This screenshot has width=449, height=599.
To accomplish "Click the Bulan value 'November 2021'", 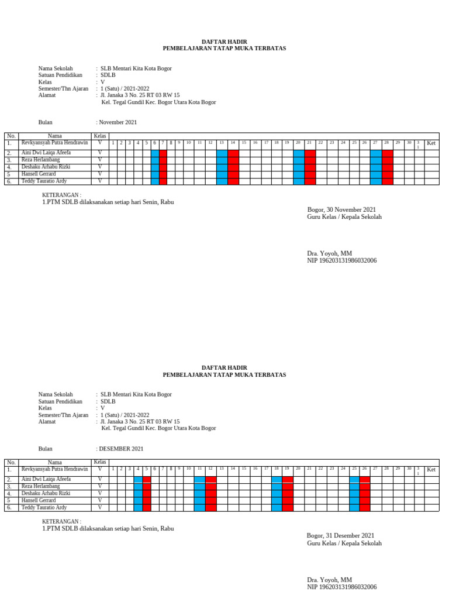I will point(118,122).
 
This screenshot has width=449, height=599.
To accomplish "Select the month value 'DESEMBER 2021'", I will point(121,449).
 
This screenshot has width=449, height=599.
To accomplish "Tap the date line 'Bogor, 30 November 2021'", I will point(341,209).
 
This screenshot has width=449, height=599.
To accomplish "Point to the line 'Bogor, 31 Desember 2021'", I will point(340,535).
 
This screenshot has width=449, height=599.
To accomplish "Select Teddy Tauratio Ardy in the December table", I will point(44,507).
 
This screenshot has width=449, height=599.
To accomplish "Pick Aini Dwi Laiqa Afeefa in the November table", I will point(46,153).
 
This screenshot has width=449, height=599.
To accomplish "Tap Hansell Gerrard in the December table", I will point(39,500).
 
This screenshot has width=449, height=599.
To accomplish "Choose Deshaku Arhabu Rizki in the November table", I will point(46,167).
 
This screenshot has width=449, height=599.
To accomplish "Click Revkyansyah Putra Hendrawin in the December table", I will point(54,469).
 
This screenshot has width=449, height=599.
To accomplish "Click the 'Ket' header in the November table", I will point(431,143).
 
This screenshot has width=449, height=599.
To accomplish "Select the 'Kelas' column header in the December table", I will point(100,462).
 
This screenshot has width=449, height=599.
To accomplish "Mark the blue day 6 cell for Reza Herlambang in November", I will point(155,160).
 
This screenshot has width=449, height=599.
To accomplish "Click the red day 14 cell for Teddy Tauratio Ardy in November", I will point(233,181).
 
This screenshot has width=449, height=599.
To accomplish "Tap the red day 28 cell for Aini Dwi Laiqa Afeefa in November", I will point(387,153).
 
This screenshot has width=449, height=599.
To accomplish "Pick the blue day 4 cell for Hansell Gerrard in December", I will point(138,500).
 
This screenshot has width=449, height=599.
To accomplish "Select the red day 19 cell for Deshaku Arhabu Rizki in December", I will point(287,493).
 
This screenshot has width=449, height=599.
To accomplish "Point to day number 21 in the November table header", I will point(309,143).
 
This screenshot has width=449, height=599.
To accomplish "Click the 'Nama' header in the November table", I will point(54,136).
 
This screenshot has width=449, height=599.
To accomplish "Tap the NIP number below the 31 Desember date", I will point(341,587).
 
